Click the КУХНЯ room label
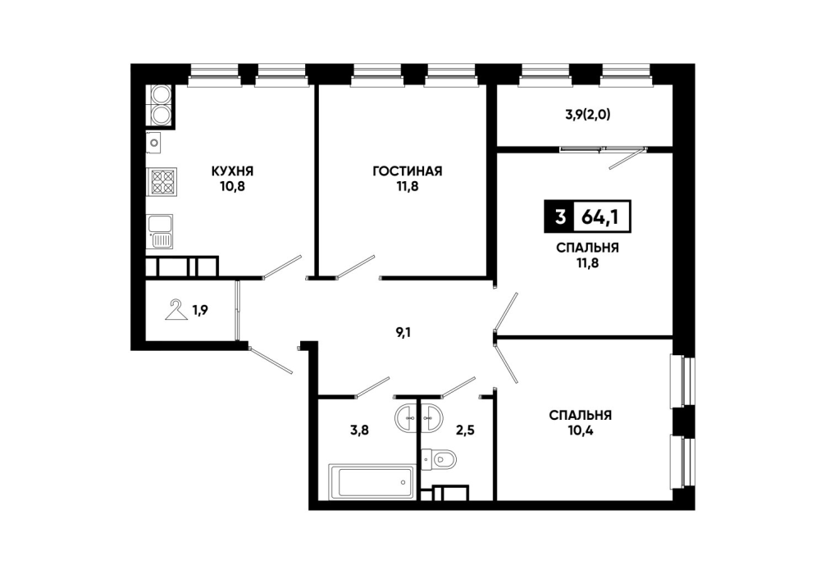tap(233, 171)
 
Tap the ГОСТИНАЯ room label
tap(408, 171)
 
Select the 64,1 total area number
tap(599, 216)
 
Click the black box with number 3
tap(559, 216)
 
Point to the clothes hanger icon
tap(177, 310)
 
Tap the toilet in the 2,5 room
tap(439, 459)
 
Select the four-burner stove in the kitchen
tap(162, 181)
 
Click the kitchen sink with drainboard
tap(161, 231)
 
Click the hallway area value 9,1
tap(403, 332)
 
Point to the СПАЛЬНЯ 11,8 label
tap(587, 255)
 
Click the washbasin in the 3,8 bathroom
tap(406, 418)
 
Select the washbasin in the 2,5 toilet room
tap(431, 418)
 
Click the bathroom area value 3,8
tap(359, 430)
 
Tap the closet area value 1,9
tap(200, 311)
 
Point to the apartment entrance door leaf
tap(270, 361)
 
